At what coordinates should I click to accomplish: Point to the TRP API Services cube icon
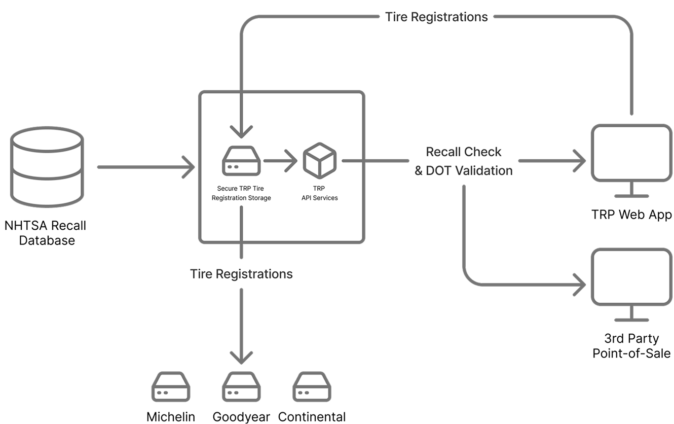pyautogui.click(x=319, y=160)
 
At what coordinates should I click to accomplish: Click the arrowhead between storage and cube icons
pyautogui.click(x=291, y=161)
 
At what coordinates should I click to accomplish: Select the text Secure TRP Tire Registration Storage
pyautogui.click(x=241, y=193)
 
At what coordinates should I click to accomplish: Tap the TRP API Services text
pyautogui.click(x=319, y=193)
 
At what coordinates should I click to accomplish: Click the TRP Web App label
pyautogui.click(x=631, y=215)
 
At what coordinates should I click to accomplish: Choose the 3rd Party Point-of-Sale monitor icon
pyautogui.click(x=631, y=277)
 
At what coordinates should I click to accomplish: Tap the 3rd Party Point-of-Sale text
pyautogui.click(x=631, y=345)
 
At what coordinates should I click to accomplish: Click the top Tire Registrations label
pyautogui.click(x=436, y=17)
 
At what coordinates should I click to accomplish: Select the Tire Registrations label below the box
pyautogui.click(x=241, y=274)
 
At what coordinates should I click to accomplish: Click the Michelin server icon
pyautogui.click(x=171, y=389)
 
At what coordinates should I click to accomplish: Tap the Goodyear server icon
pyautogui.click(x=241, y=389)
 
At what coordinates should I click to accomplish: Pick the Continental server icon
pyautogui.click(x=312, y=389)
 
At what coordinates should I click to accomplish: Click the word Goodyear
pyautogui.click(x=241, y=417)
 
